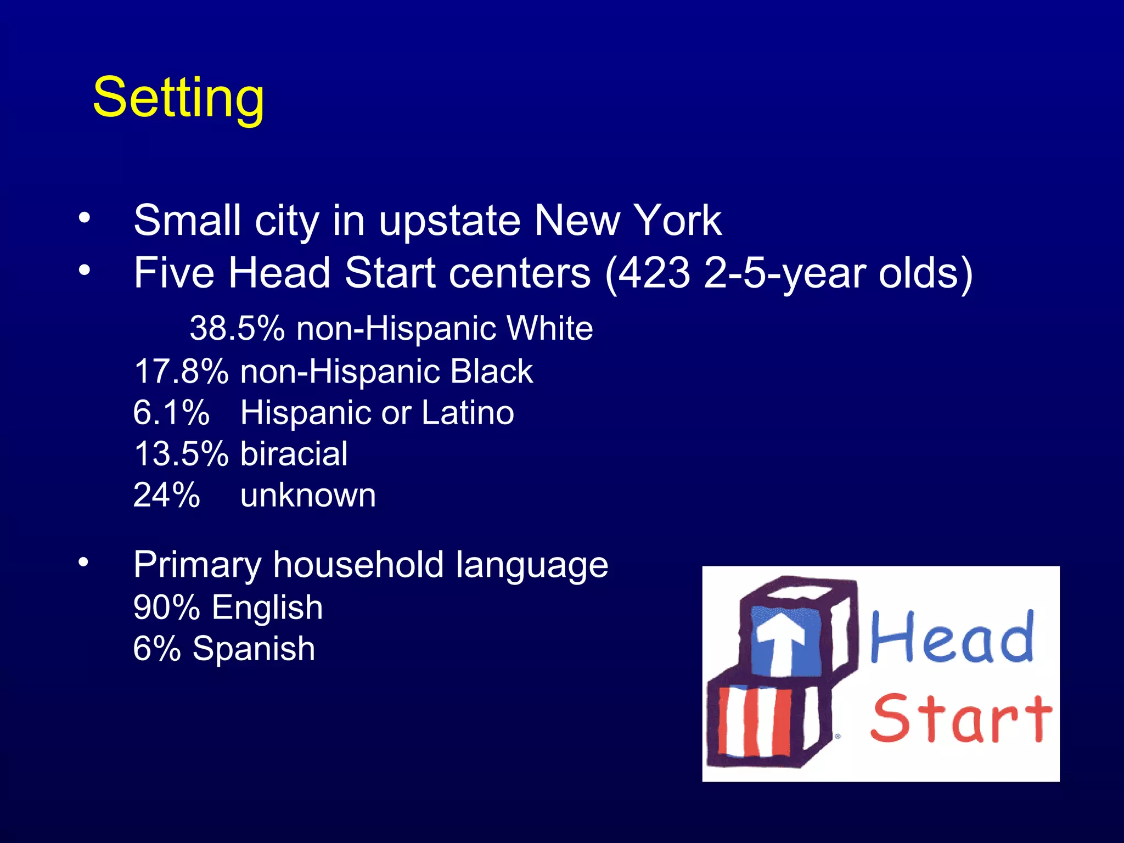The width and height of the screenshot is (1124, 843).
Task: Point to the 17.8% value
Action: pos(181,372)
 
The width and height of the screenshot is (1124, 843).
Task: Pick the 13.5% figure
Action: pos(181,454)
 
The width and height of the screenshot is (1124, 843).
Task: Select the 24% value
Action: pos(166,495)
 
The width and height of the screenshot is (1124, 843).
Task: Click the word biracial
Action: pos(294,454)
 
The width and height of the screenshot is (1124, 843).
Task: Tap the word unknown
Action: pos(308,495)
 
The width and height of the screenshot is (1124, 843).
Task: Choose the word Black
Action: pos(491,372)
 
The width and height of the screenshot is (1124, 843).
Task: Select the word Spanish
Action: pos(254,649)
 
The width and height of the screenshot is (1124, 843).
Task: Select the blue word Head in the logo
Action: pos(952,638)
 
